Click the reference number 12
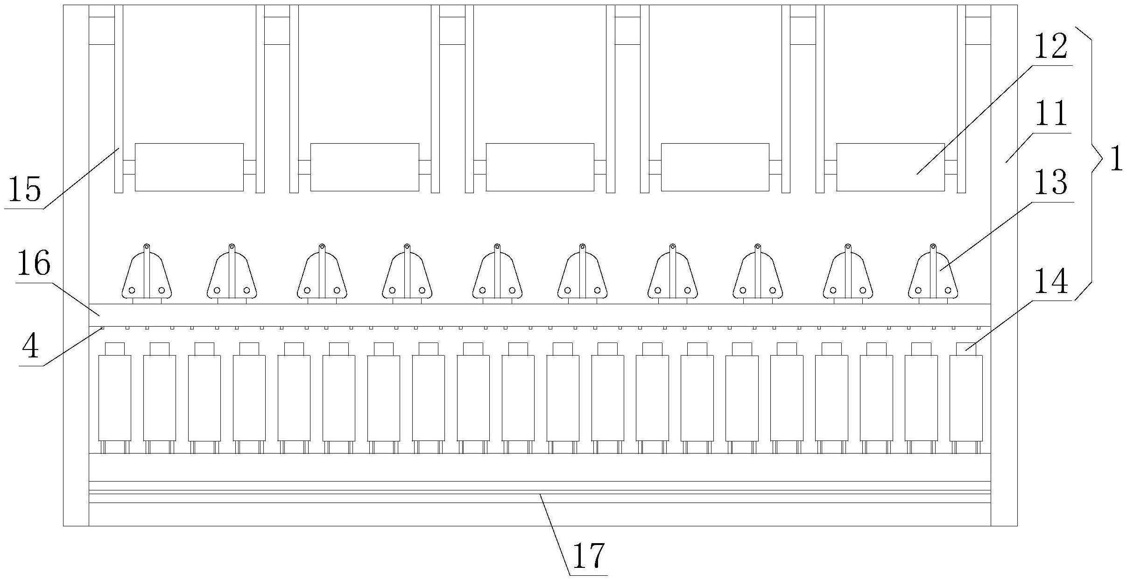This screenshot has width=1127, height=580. pos(1050,48)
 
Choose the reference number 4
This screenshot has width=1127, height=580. pos(31,347)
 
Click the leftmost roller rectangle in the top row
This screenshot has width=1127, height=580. pos(189,167)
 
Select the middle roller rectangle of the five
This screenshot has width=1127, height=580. pos(540,167)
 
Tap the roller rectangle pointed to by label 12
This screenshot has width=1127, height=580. pos(890,167)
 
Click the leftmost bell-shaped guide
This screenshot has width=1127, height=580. pos(147,275)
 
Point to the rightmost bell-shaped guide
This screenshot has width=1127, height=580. pos(933,275)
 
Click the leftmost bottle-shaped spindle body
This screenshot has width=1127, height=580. pos(114,398)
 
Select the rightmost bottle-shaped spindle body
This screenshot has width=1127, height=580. pos(966,398)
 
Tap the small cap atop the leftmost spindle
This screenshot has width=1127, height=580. pos(114,349)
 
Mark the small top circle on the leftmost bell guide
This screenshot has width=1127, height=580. pos(147,246)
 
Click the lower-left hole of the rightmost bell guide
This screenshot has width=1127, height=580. pos(918,290)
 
